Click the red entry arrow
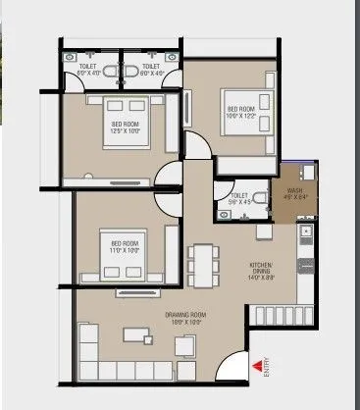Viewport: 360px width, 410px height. tap(259, 366)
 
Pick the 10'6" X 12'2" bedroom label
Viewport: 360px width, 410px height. tap(242, 112)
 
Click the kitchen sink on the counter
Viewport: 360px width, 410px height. tap(305, 234)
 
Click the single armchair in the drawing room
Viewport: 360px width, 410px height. tap(182, 343)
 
